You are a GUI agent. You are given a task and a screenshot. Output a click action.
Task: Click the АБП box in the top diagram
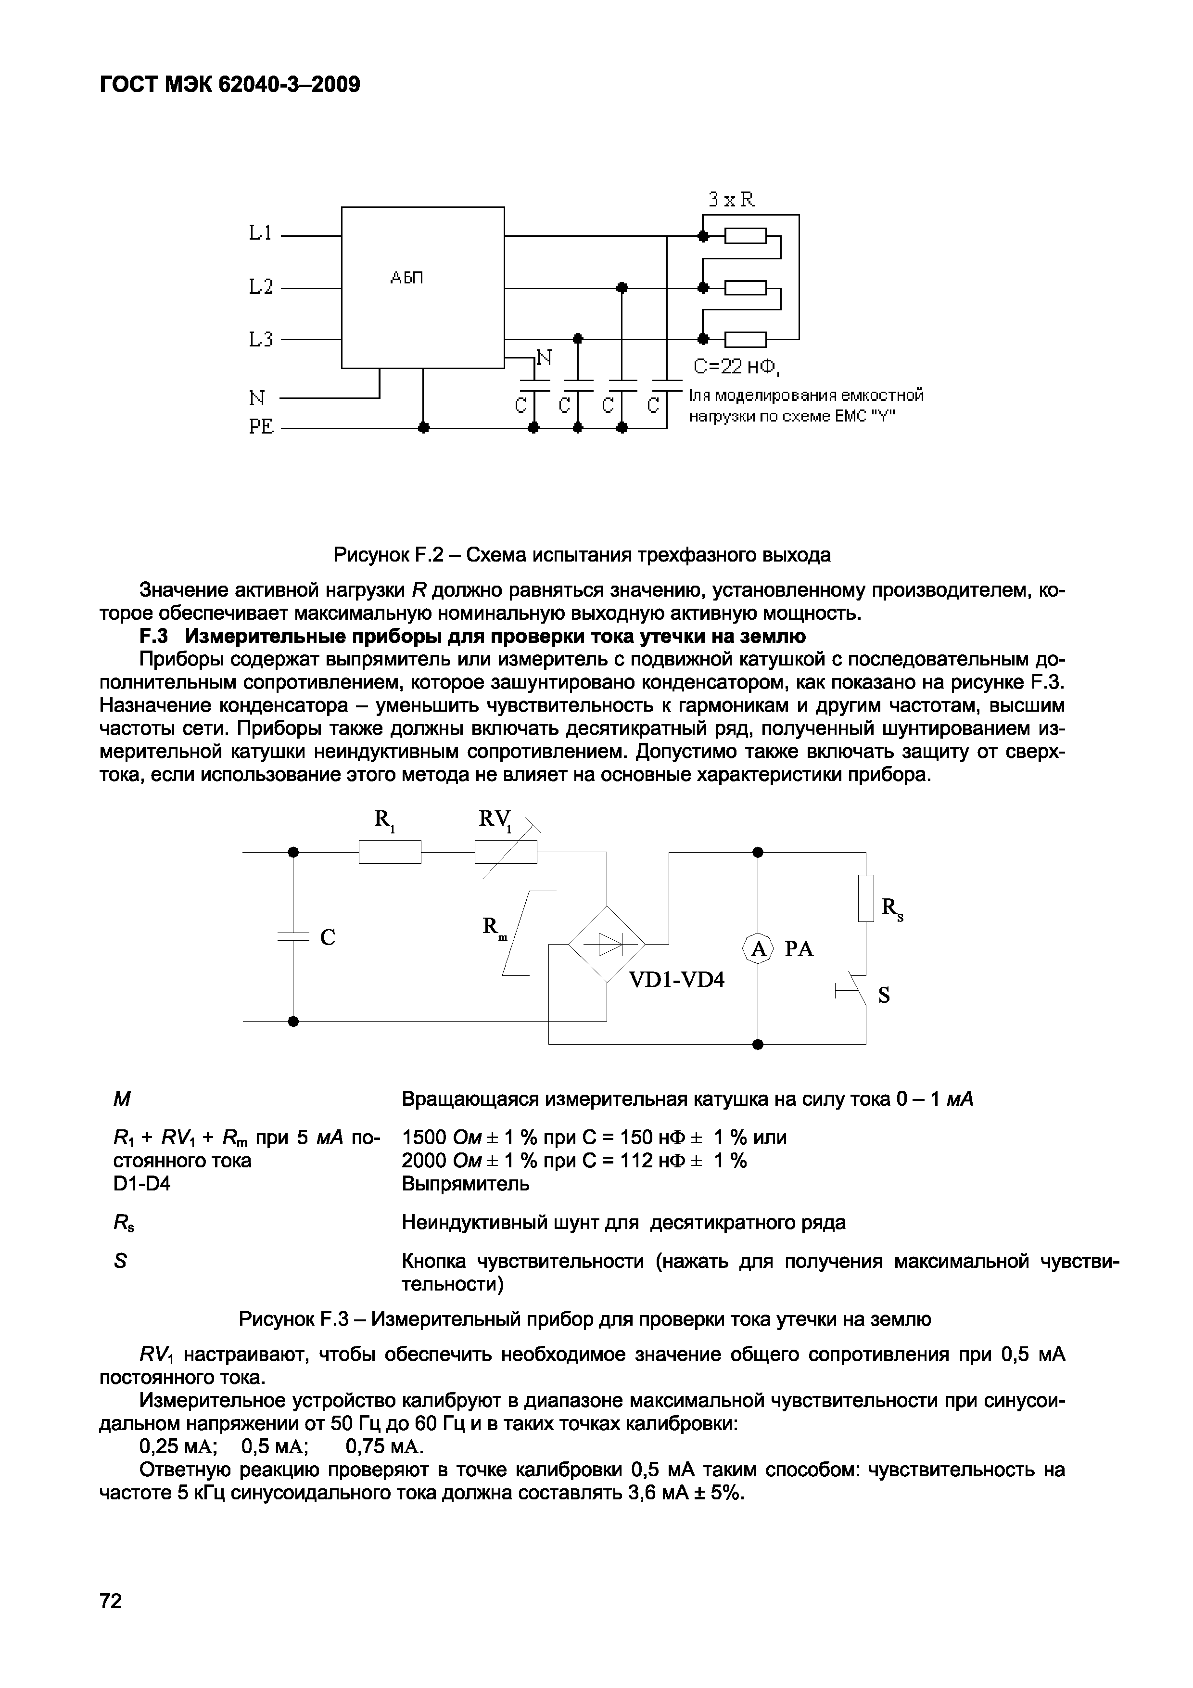coord(423,287)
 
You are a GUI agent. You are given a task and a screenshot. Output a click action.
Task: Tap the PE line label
coord(261,426)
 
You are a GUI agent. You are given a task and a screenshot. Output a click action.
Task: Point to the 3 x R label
coord(731,199)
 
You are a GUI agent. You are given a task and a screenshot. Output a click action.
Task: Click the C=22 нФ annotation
coord(738,367)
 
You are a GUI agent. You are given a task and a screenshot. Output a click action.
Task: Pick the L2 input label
coord(261,287)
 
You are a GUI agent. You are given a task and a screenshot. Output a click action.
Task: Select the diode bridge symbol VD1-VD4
coord(607,943)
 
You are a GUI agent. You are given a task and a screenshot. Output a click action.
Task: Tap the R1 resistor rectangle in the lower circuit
coord(390,852)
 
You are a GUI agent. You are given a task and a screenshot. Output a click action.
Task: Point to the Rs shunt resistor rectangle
coord(866,898)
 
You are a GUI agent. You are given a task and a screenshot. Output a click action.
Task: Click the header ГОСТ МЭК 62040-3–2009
coord(230,85)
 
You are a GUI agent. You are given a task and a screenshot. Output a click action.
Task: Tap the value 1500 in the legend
coord(424,1138)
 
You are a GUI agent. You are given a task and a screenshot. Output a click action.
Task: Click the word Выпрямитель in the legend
coord(465,1184)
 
